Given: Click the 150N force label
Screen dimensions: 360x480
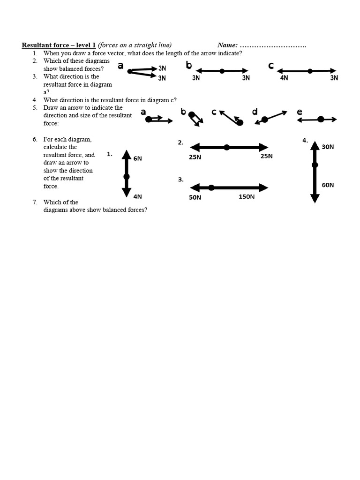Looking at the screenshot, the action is coord(247,197).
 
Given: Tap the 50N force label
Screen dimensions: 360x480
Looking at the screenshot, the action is coord(195,198).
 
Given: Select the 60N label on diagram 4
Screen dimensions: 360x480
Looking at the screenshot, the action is coord(328,185).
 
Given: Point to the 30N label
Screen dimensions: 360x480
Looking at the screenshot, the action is coord(328,147).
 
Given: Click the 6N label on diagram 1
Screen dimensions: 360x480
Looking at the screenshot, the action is coord(137,158).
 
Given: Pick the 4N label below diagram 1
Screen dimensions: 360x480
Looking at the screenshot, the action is coord(137,196).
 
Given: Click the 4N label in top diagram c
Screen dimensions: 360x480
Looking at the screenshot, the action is coord(284,78).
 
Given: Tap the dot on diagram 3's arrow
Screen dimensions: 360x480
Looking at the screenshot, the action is coord(211,187).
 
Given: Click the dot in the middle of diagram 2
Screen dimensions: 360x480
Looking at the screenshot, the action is coord(227,147).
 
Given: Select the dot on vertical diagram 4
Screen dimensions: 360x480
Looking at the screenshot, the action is coord(315,165).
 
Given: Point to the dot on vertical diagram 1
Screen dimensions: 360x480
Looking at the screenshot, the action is coord(126,177).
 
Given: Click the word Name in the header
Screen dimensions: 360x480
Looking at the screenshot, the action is coord(227,45).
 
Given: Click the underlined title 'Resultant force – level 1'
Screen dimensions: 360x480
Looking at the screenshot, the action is coord(59,45).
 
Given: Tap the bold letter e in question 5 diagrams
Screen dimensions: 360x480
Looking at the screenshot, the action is coord(300,112).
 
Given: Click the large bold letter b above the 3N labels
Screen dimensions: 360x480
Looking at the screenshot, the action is coord(189,65).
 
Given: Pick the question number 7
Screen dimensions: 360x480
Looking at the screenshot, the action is coord(35,202).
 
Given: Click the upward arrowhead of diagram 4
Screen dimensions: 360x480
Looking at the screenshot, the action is coord(315,145).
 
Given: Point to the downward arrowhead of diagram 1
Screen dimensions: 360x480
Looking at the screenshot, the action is coord(126,192).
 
